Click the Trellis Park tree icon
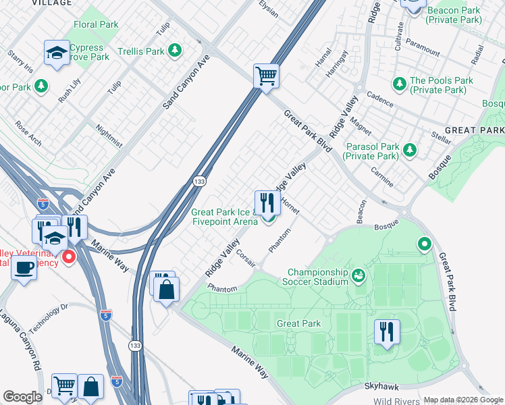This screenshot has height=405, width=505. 175,51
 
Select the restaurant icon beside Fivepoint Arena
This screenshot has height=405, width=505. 268,201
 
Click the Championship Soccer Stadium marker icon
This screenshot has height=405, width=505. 358,275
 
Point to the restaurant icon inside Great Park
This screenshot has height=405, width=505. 387,331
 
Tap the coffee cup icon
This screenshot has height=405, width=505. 24,267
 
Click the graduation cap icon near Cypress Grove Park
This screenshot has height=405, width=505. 57,52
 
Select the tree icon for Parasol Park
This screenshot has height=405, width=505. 409,151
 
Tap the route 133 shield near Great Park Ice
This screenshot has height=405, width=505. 198,182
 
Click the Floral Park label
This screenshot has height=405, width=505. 96,24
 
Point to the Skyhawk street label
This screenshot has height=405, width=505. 382,386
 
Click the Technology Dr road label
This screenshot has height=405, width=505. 51,315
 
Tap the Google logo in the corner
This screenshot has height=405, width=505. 22,397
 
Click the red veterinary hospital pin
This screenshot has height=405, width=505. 68,257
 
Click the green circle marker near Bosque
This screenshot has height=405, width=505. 425,244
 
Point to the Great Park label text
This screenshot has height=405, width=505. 298,323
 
